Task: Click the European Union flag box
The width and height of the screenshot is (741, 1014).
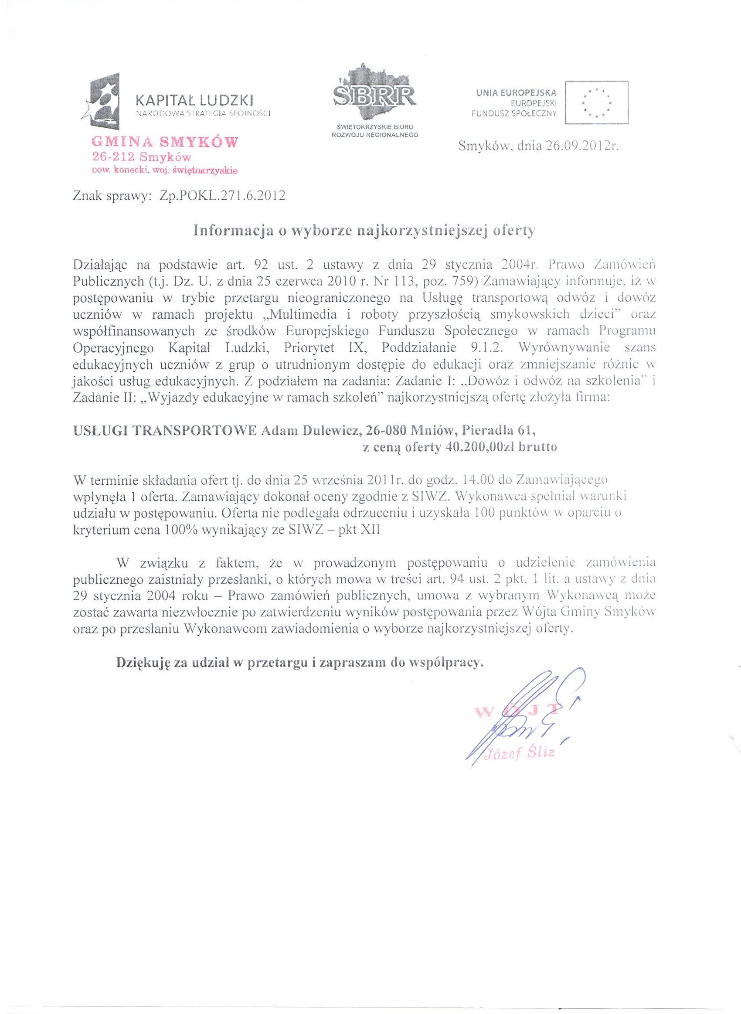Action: [596, 102]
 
